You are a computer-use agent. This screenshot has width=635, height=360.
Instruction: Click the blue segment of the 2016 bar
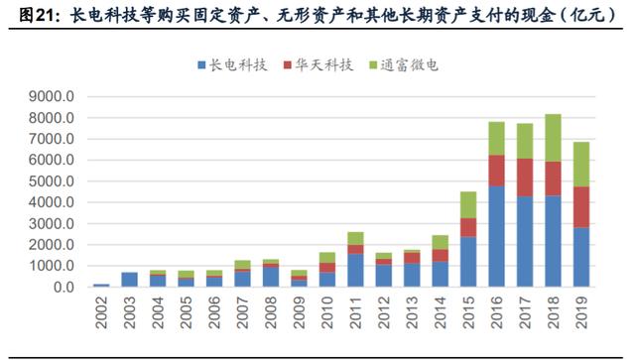[496, 236]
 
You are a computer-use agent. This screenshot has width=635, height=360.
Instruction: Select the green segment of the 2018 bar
[553, 138]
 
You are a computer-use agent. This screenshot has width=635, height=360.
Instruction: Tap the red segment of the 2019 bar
[581, 207]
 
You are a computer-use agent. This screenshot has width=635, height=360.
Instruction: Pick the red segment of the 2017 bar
[525, 178]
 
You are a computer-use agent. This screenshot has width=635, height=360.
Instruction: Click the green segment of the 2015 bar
[468, 205]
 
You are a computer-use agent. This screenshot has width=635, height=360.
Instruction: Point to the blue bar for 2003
[129, 280]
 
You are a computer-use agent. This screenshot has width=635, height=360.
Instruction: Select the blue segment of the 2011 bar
[355, 271]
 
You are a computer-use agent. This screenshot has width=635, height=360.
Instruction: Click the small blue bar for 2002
[101, 286]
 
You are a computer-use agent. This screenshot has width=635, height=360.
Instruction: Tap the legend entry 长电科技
[232, 65]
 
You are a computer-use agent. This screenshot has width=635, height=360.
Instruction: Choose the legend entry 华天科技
[318, 65]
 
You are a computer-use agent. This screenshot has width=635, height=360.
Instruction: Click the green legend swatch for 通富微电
[373, 65]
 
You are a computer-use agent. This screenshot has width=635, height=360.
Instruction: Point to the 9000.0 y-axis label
[52, 97]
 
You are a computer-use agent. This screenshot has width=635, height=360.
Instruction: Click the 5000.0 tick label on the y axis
[52, 181]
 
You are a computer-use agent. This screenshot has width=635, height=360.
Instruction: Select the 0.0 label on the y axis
[63, 288]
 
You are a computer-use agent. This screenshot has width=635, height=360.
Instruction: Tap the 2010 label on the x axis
[326, 312]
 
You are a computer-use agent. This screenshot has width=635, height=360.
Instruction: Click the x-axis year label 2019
[581, 312]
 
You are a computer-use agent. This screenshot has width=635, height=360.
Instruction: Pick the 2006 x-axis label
[214, 312]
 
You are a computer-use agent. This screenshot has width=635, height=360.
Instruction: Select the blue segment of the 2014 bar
[441, 274]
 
